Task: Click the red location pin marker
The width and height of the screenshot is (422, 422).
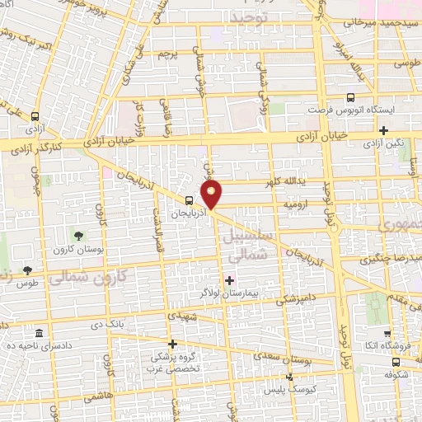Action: click(x=212, y=195)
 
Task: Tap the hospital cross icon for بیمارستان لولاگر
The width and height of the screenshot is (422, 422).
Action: click(x=229, y=281)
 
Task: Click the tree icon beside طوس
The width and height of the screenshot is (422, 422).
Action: click(x=27, y=270)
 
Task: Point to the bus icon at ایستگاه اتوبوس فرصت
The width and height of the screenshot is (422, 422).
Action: click(x=351, y=97)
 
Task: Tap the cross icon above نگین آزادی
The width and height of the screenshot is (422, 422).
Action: click(x=383, y=130)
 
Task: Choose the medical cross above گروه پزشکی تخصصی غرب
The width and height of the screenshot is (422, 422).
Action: click(x=172, y=345)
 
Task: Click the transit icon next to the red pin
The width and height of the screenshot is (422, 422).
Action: click(x=190, y=199)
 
